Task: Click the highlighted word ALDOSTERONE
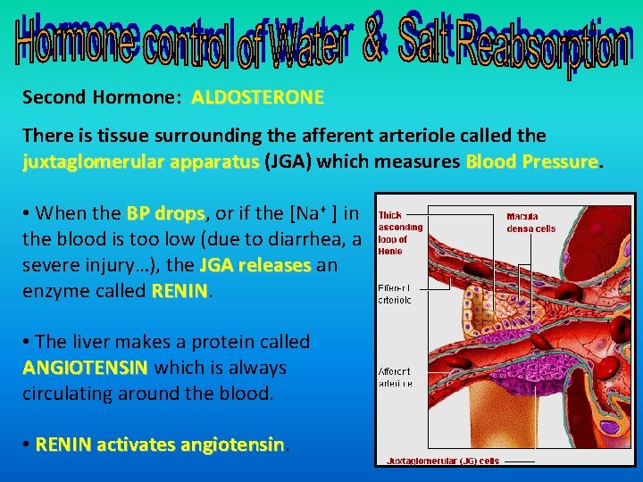coord(257,96)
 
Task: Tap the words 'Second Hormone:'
coord(104,96)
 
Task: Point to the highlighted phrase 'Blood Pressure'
coord(530,162)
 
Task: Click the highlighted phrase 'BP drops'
coord(166,213)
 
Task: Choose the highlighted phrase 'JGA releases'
coord(255,265)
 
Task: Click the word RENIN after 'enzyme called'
coord(180,291)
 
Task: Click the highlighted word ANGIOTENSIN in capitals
coord(86,368)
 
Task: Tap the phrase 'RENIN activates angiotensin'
coord(160,445)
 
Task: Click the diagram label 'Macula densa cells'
coord(530,222)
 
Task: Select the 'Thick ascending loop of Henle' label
coord(399,233)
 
